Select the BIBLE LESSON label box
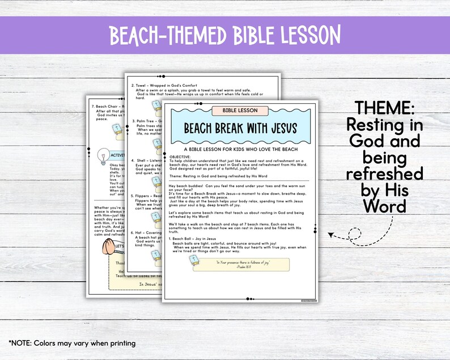coord(240,110)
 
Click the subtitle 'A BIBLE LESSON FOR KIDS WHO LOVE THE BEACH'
coord(240,147)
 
